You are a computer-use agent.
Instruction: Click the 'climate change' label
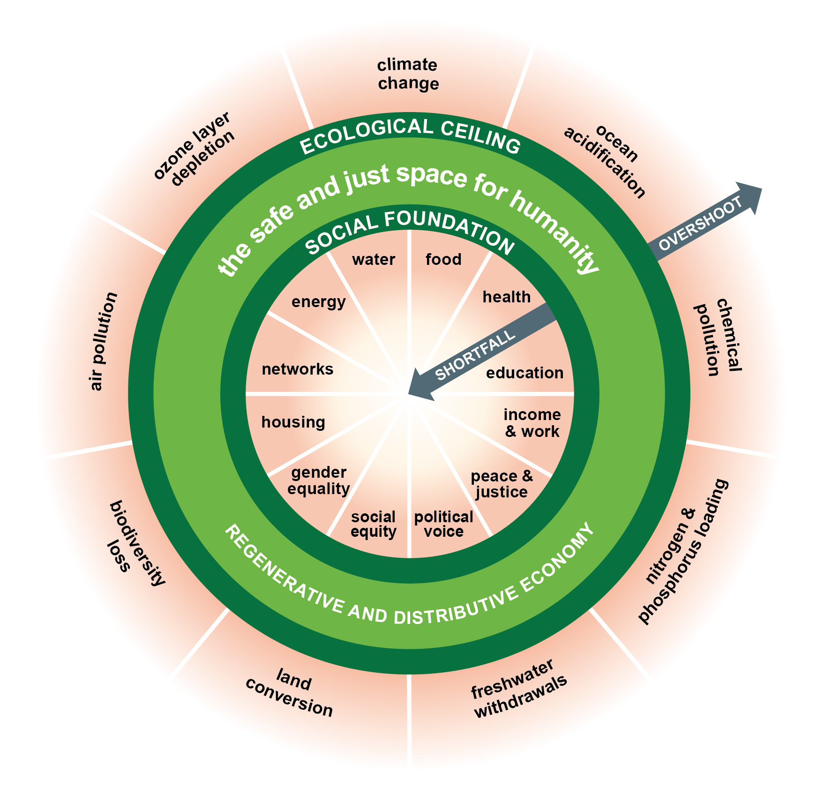click(x=408, y=74)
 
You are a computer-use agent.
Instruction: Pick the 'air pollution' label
click(x=103, y=341)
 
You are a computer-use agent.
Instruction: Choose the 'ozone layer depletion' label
click(x=195, y=149)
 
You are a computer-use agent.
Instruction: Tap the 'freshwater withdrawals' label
click(x=518, y=689)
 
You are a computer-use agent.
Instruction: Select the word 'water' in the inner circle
click(x=374, y=259)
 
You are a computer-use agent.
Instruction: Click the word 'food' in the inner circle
click(x=443, y=259)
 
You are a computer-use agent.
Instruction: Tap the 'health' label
click(x=507, y=297)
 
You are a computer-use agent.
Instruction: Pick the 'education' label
click(x=524, y=373)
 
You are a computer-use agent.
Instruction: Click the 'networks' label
click(x=298, y=369)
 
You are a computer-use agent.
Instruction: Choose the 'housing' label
click(x=293, y=422)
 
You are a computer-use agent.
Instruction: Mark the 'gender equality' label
click(x=319, y=481)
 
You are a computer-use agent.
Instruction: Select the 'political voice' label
click(x=443, y=524)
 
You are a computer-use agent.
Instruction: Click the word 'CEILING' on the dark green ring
click(x=481, y=136)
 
